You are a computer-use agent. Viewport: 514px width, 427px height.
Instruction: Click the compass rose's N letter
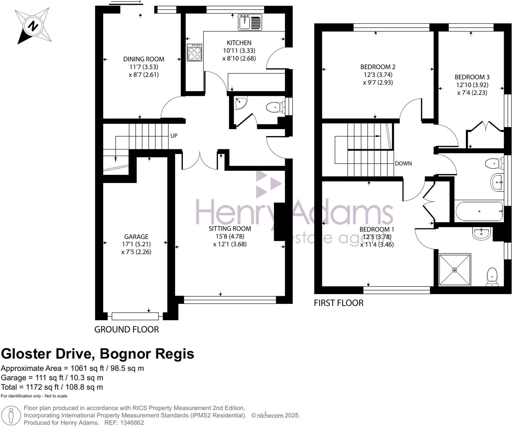[33, 26]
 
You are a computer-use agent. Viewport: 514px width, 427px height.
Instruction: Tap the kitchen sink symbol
[250, 22]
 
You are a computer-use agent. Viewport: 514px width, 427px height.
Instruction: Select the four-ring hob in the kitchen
[194, 52]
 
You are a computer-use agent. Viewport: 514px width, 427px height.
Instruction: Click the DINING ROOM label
[144, 59]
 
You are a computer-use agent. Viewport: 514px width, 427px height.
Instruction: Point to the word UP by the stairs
[174, 136]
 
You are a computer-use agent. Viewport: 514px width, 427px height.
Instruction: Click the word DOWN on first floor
[403, 163]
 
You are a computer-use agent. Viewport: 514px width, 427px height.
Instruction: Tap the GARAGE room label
[136, 237]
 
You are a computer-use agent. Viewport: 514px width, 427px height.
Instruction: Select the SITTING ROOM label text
[230, 229]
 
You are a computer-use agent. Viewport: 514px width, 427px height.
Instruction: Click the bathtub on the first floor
[479, 211]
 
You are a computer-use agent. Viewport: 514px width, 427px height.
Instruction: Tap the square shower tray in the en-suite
[455, 270]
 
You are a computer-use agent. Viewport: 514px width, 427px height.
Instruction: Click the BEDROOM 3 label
[472, 77]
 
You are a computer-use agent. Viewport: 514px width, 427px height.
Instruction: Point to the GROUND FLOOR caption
[126, 329]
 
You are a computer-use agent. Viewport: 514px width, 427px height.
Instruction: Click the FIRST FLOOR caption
[338, 303]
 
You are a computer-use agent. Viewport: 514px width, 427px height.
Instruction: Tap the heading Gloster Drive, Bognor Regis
[97, 353]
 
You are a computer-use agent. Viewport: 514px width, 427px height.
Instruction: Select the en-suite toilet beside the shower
[492, 276]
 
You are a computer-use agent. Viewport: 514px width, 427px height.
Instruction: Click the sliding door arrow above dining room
[126, 2]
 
